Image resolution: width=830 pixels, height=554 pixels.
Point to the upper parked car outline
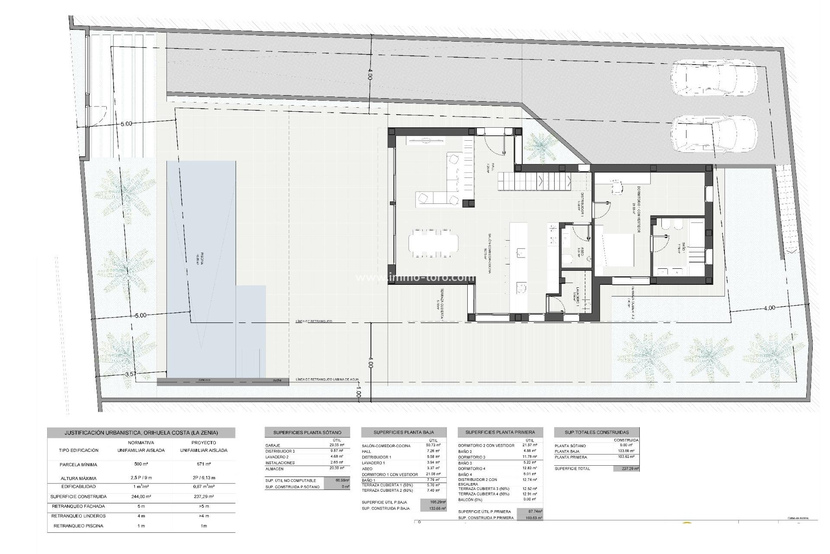tap(714, 82)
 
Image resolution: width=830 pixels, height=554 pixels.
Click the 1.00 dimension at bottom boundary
tap(358, 394)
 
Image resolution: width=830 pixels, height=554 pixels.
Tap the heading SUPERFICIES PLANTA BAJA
tap(404, 432)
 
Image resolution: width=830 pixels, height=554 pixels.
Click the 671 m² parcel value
tap(204, 464)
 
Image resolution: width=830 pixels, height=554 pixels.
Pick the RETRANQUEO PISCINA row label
tap(78, 526)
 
